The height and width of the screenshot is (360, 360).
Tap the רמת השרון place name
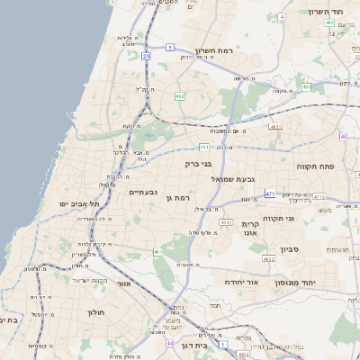tap(213, 51)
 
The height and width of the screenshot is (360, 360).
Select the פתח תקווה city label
tap(315, 166)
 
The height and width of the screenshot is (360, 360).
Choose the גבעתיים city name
tap(144, 192)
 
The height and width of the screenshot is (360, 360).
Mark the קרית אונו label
tap(249, 227)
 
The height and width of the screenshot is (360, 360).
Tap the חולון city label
tap(96, 312)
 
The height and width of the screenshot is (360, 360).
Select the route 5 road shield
tap(170, 45)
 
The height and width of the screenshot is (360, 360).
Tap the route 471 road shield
tap(270, 193)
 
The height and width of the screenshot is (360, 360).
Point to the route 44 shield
tap(170, 343)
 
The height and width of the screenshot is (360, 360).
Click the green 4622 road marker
tap(267, 259)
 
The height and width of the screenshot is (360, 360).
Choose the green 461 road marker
tap(157, 252)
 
